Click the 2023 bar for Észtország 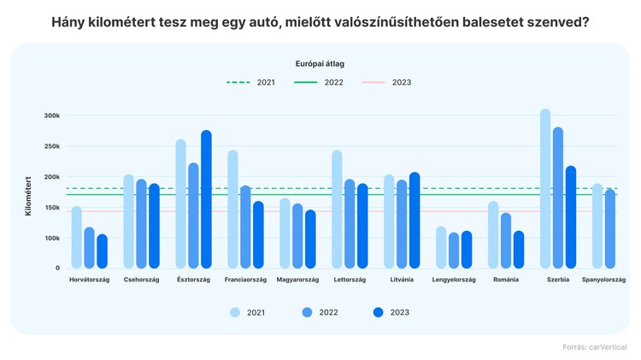206,200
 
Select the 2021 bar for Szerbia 545,189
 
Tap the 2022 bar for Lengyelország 454,251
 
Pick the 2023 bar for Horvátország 103,251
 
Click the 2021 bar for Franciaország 232,210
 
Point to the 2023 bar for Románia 519,250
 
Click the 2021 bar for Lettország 337,210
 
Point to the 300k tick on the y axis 52,115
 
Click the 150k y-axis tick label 52,208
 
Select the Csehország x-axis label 141,280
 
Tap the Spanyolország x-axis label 603,280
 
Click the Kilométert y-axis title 28,196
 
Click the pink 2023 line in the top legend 373,83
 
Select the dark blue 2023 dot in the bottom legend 379,312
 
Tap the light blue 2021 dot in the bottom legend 235,312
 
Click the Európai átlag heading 320,63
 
